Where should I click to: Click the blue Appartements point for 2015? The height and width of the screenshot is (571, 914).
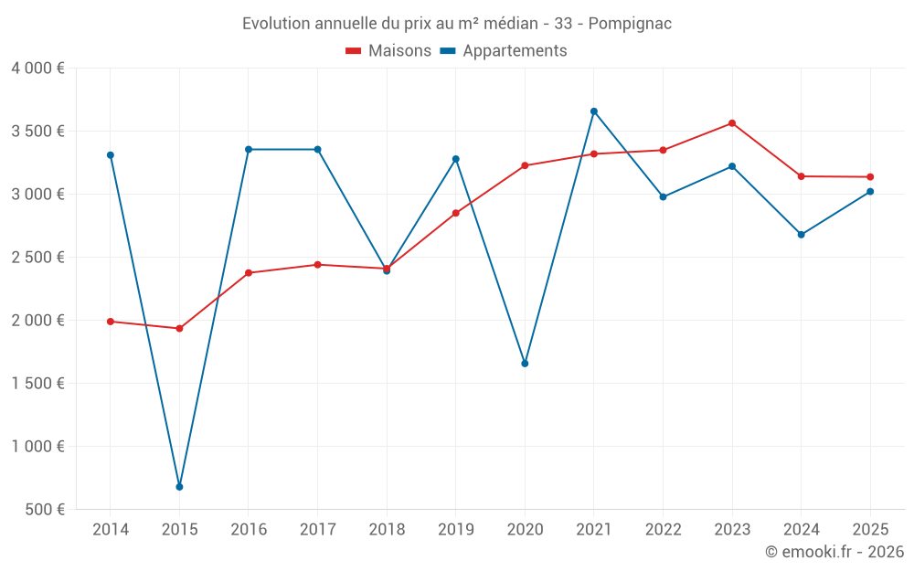(x=179, y=487)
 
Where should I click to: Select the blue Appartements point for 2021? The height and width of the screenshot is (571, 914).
(x=594, y=111)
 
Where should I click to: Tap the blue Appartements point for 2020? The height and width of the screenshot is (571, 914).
(x=525, y=364)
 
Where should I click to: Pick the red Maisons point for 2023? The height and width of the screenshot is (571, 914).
(x=732, y=123)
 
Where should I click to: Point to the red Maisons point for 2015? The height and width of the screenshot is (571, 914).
(x=179, y=329)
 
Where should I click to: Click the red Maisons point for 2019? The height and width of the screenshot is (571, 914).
(x=456, y=213)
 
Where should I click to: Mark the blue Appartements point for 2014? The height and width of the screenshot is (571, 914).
(x=111, y=155)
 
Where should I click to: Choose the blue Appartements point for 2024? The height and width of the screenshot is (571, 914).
(x=801, y=235)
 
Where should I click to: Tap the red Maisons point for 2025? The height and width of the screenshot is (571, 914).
(x=870, y=177)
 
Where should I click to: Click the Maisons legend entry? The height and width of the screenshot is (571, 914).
(x=388, y=50)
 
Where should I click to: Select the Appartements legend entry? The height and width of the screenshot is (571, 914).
(x=504, y=50)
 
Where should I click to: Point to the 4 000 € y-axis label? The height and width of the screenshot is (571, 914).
(x=37, y=69)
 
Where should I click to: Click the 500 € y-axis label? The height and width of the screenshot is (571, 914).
(x=45, y=509)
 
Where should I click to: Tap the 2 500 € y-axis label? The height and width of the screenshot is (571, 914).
(x=37, y=257)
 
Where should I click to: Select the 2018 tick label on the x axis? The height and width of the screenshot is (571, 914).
(x=387, y=529)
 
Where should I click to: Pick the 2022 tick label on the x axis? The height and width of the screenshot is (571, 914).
(x=663, y=529)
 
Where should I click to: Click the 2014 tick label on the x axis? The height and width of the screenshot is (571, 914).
(x=111, y=529)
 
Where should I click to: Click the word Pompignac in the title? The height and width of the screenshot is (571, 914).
(x=630, y=24)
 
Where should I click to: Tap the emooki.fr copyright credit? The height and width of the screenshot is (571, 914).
(x=834, y=551)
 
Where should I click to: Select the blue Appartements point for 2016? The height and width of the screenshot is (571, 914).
(x=249, y=150)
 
